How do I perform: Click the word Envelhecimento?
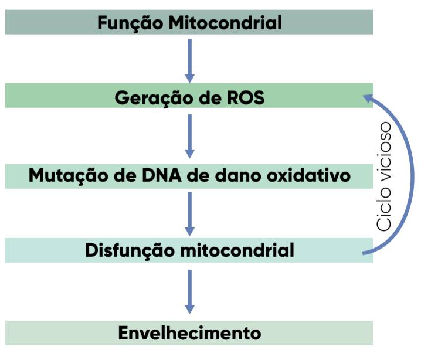pos(189,333)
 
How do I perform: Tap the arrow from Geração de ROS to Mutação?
pos(189,135)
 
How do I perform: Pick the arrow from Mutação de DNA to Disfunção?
pos(189,213)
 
